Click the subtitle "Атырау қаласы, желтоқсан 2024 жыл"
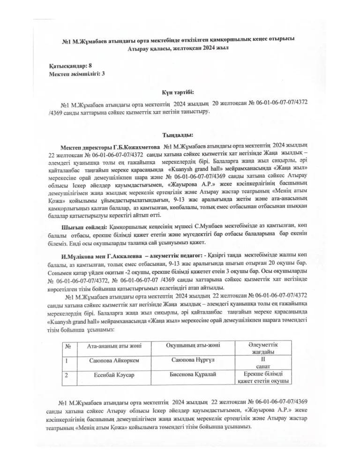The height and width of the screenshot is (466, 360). coord(180,48)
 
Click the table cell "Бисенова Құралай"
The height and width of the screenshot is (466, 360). coord(193,375)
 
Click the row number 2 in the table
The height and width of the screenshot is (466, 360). coord(67,376)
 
